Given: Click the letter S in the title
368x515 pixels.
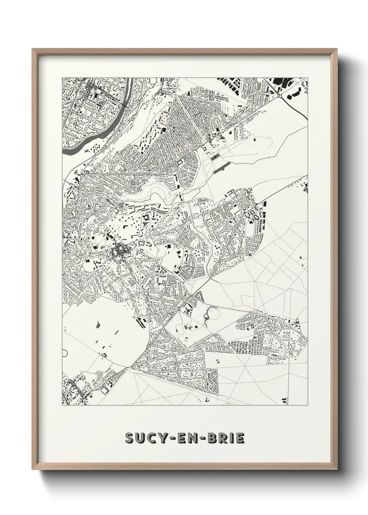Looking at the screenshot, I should coord(130,438).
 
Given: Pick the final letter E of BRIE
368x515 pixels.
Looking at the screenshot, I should coord(240,438).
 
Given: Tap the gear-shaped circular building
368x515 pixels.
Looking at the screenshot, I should coord(146,218).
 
